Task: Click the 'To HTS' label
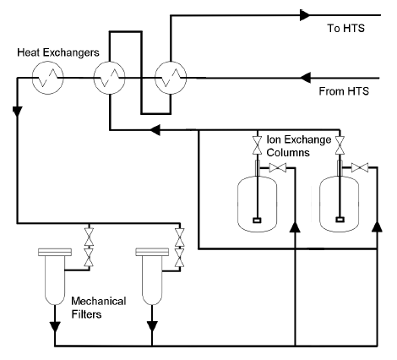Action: coord(345,28)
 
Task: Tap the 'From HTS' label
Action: coord(344,91)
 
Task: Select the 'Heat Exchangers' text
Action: coord(58,52)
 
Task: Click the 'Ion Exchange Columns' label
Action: coord(299,146)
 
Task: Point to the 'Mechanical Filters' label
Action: coord(99,308)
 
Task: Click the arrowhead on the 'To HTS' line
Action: coord(305,15)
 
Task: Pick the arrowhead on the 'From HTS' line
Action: coord(305,78)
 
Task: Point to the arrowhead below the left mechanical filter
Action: coord(55,327)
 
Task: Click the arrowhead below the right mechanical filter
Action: coord(152,327)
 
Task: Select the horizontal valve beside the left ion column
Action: coord(278,168)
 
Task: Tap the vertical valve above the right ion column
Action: coord(340,145)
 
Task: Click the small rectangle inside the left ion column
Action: coord(257,221)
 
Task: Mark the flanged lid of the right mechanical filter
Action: coord(152,252)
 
